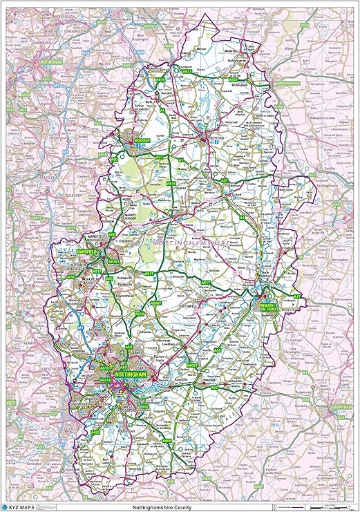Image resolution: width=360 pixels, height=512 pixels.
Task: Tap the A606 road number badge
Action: (x=166, y=440)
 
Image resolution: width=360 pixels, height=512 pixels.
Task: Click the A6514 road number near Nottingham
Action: (x=105, y=380)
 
